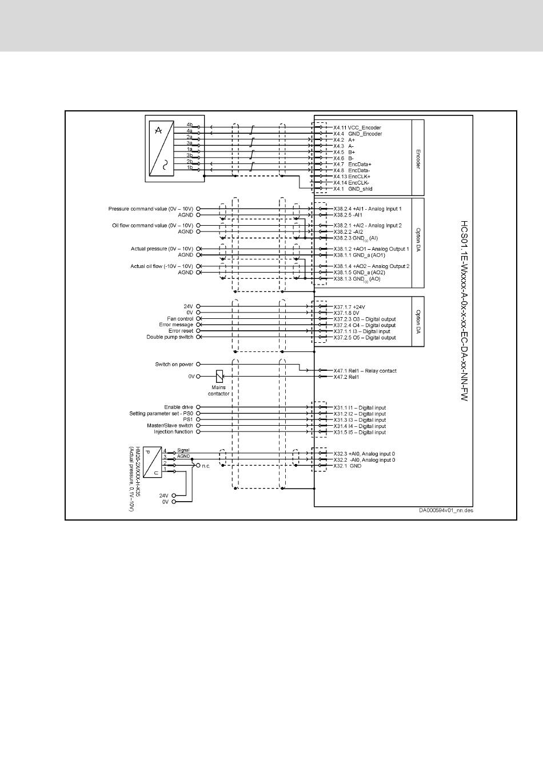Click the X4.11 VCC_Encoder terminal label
click(x=357, y=127)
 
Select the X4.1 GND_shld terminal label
click(x=353, y=189)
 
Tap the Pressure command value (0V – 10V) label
click(x=151, y=209)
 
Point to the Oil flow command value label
click(x=153, y=226)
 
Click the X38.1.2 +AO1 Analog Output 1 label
click(x=371, y=249)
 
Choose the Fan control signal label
click(x=180, y=319)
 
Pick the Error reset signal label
click(x=181, y=331)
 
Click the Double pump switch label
click(x=170, y=337)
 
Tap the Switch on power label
click(x=174, y=364)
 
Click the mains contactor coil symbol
click(x=219, y=376)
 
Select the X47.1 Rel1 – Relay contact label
click(x=365, y=371)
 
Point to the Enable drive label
click(x=178, y=407)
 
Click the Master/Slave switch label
click(x=170, y=426)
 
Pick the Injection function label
click(x=173, y=432)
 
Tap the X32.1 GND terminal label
click(x=348, y=466)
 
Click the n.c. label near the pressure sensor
click(x=206, y=466)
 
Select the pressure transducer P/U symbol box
click(x=152, y=462)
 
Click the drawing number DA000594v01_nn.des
click(x=446, y=511)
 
